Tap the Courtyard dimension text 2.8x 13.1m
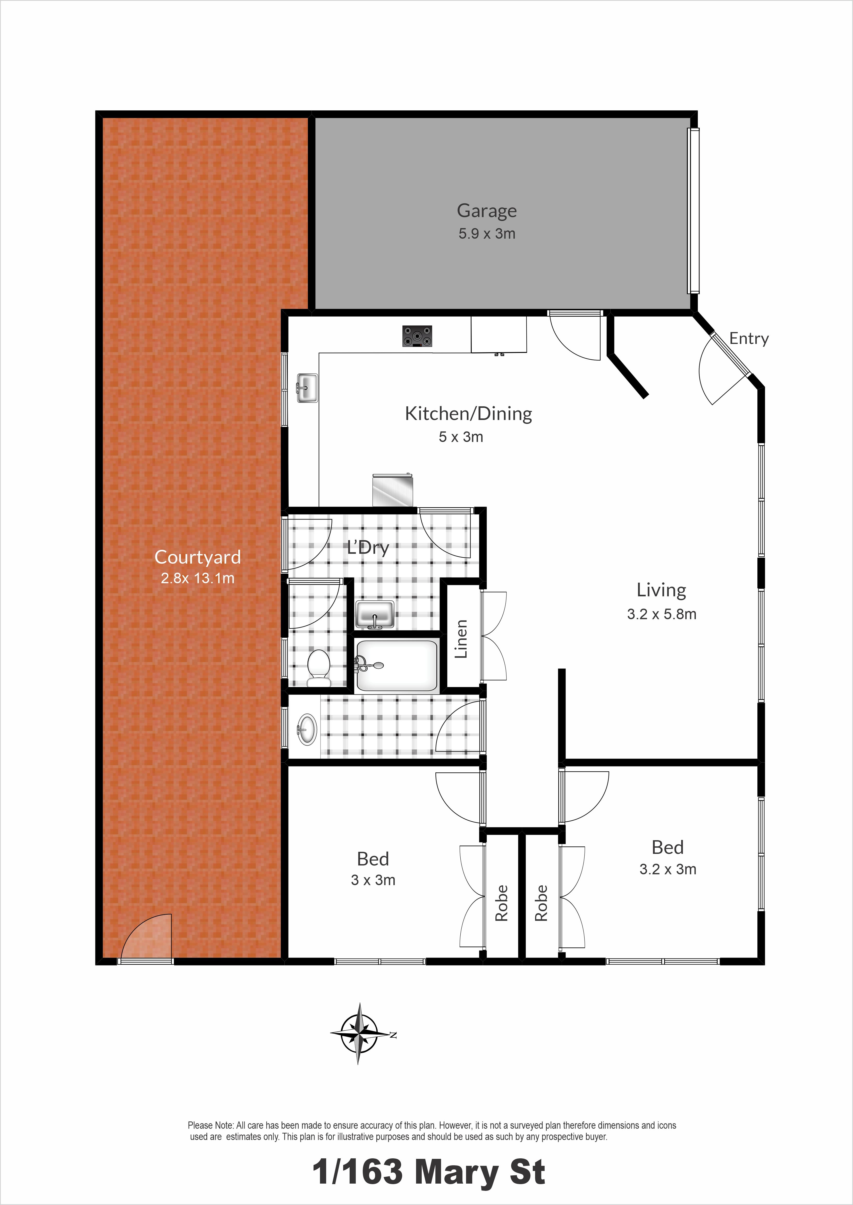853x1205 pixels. (x=198, y=578)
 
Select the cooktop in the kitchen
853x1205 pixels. (x=418, y=336)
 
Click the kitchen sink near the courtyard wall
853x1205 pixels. (x=307, y=388)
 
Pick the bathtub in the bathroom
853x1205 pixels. (x=396, y=665)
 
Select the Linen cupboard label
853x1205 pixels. (x=461, y=639)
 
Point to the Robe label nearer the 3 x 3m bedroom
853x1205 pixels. (x=502, y=903)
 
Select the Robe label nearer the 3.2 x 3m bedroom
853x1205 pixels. (x=541, y=903)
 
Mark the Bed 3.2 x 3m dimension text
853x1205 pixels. (x=668, y=869)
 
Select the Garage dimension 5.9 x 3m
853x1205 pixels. (x=487, y=234)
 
